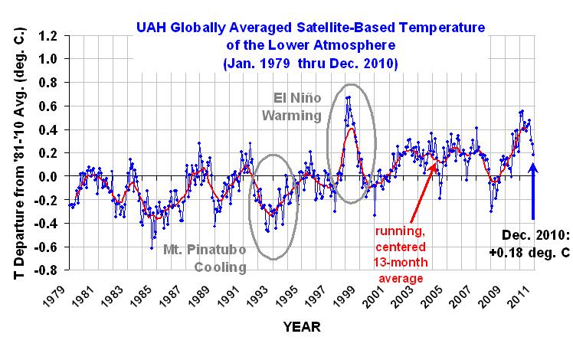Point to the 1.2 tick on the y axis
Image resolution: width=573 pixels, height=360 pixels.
click(49, 36)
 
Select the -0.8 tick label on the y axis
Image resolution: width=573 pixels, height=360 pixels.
click(47, 270)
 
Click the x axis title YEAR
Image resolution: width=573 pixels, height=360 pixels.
click(302, 327)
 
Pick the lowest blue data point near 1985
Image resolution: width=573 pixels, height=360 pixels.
click(152, 248)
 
